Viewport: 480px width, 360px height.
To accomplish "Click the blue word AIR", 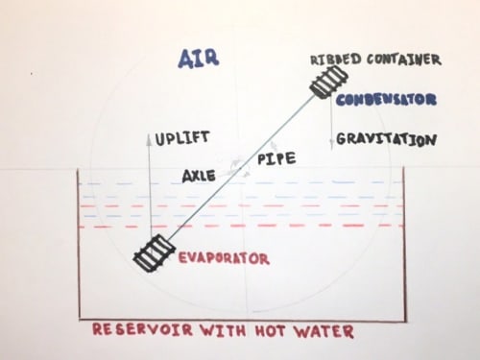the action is [x=199, y=59].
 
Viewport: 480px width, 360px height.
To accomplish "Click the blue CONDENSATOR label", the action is [x=386, y=100].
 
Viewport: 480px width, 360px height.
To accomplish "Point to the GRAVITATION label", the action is [x=386, y=139].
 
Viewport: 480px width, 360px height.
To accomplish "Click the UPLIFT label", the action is [x=182, y=138].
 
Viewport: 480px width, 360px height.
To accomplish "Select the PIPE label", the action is [x=276, y=158].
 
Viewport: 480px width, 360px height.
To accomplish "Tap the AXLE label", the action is [x=199, y=176].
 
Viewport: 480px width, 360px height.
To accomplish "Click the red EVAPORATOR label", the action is [x=224, y=258].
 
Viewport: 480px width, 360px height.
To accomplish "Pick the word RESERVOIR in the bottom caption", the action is [x=143, y=329].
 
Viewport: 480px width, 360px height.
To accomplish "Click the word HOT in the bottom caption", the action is [x=270, y=330].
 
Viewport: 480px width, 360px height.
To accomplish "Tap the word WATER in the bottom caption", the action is [x=324, y=331].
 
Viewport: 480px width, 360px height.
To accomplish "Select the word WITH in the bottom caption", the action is [x=223, y=330].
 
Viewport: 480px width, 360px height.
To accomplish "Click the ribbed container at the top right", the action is [x=329, y=83].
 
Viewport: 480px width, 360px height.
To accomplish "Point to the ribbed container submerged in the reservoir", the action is [x=155, y=253].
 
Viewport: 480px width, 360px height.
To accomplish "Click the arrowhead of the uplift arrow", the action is [x=149, y=138].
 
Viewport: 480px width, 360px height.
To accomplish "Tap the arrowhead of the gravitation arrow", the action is [x=331, y=146].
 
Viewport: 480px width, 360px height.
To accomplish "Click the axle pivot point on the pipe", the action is [x=241, y=168].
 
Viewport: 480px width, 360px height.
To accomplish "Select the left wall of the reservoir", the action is [x=79, y=245].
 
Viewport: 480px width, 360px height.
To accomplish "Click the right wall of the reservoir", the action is [x=405, y=245].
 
